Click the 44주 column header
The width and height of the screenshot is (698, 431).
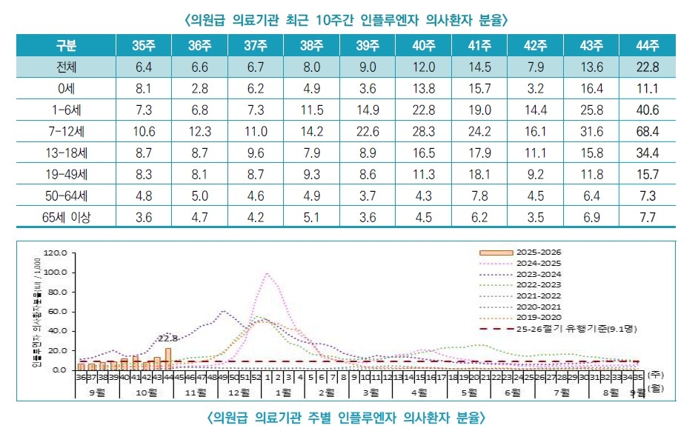click(647, 46)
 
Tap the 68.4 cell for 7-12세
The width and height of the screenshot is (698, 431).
click(647, 133)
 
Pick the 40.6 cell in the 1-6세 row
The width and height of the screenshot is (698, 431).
click(647, 111)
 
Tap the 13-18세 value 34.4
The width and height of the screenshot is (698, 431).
click(647, 154)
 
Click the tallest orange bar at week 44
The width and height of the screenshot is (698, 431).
click(168, 359)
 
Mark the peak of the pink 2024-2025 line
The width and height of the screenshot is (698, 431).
click(266, 273)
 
